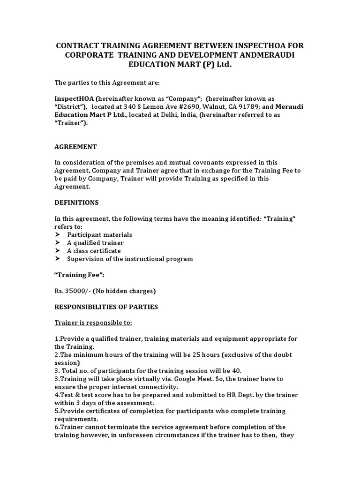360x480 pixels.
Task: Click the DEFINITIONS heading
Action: coord(76,202)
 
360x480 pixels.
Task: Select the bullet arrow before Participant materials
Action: coord(58,234)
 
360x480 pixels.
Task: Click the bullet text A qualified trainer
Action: coord(95,242)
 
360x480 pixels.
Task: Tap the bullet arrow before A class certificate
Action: coord(58,250)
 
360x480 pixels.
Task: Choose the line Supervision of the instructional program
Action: coord(129,258)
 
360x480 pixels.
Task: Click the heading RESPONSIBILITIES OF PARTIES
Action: coord(106,307)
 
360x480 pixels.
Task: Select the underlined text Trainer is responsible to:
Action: coord(93,322)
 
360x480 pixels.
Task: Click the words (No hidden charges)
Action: coord(124,291)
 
